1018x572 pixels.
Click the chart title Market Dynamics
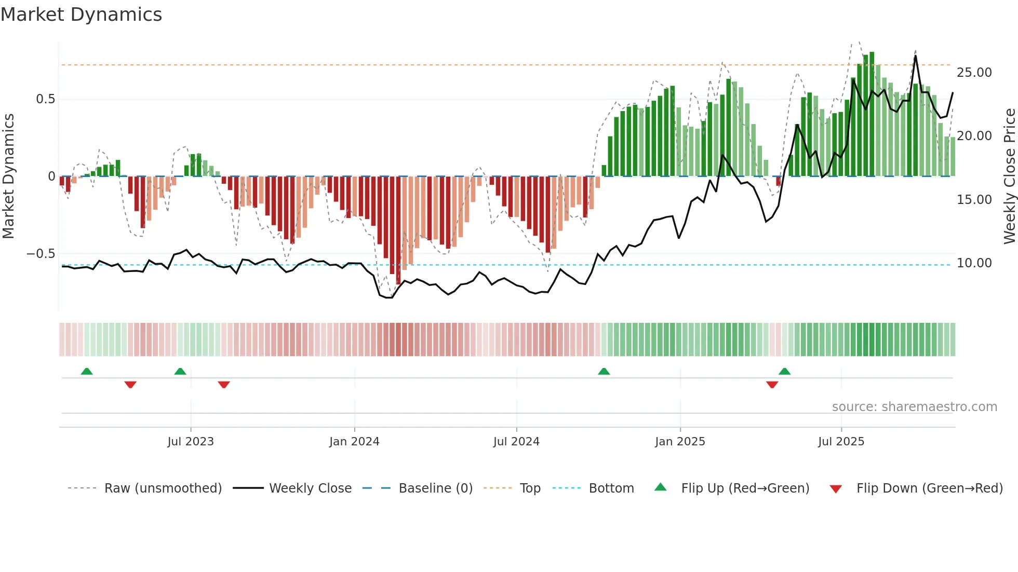[81, 15]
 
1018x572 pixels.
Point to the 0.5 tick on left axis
[45, 99]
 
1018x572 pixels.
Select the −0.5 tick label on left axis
[41, 254]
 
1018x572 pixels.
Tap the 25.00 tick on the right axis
[974, 73]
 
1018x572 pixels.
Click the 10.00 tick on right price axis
[974, 263]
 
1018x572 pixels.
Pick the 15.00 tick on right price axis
[974, 200]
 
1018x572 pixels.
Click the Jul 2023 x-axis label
[191, 442]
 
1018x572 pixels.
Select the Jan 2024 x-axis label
[354, 442]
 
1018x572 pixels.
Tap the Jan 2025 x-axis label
[680, 442]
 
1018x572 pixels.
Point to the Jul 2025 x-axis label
[841, 442]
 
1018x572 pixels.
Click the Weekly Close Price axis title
[1009, 176]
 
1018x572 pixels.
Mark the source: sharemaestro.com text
[914, 407]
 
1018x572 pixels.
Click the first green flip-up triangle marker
[87, 372]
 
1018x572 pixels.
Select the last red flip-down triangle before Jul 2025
[772, 385]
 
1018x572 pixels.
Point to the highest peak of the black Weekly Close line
[916, 56]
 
